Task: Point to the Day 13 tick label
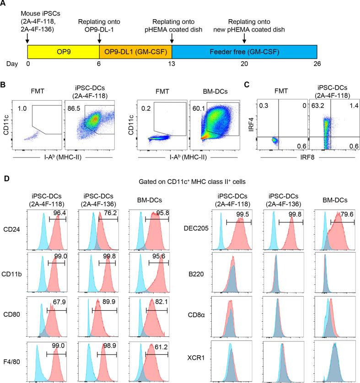(172, 65)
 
